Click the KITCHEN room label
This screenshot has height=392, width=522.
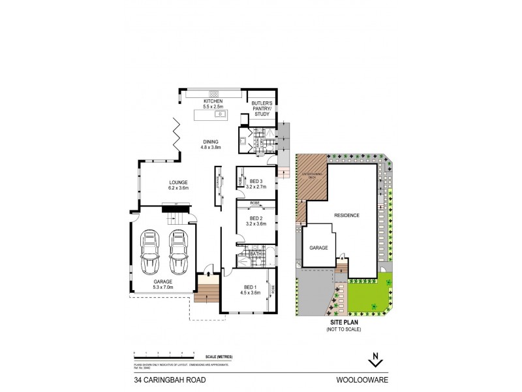[x=213, y=101]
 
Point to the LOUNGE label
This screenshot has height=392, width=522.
[x=178, y=182]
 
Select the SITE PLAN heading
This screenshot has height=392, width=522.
[x=343, y=322]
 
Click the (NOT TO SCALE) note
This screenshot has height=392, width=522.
[x=343, y=329]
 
